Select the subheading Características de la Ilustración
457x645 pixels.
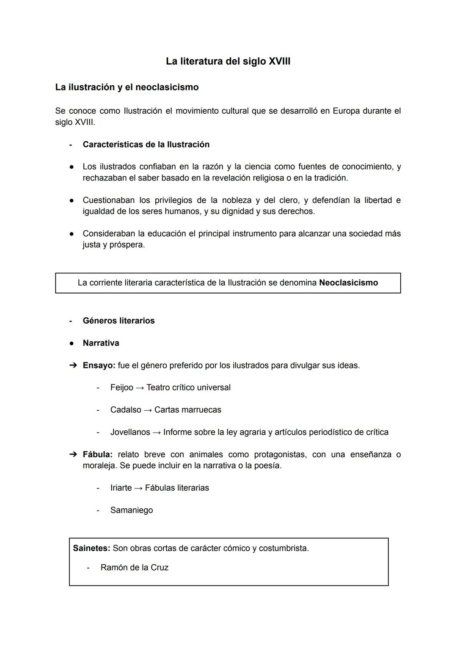146,145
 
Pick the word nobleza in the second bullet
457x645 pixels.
237,200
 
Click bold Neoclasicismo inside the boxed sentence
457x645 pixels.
348,283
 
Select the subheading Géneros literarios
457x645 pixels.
118,321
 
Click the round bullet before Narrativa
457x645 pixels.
72,343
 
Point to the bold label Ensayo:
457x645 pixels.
99,365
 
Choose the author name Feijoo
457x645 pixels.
121,387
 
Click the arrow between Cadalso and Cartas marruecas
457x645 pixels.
148,410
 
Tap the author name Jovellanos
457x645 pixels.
130,432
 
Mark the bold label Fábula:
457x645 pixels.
97,455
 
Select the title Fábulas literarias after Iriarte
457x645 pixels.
177,488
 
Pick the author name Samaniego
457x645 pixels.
132,511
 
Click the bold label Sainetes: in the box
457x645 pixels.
91,548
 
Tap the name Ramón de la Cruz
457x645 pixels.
134,568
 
